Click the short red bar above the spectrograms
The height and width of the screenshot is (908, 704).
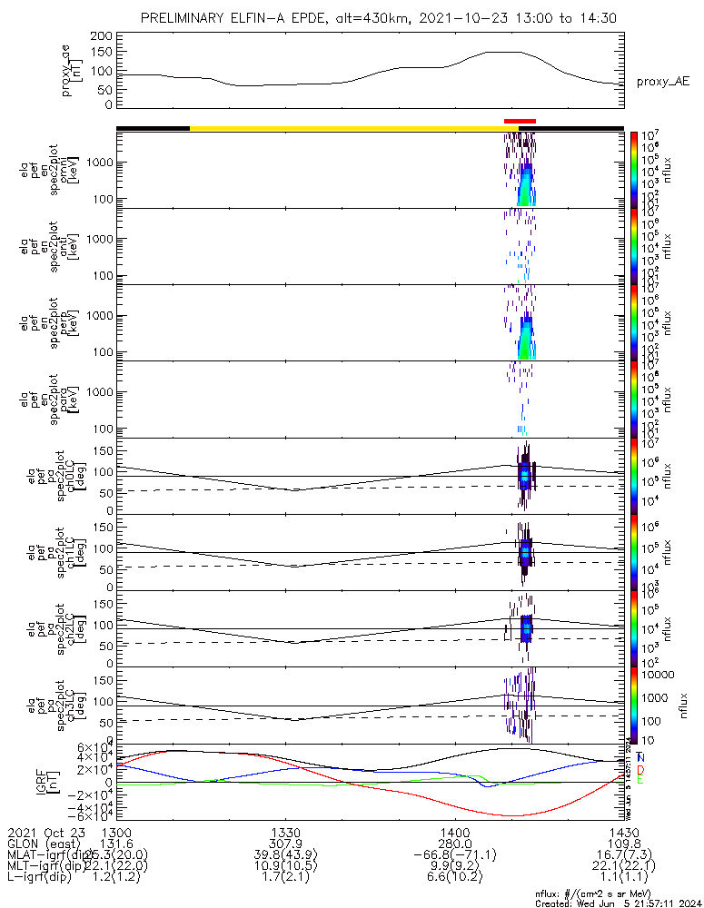tap(520, 121)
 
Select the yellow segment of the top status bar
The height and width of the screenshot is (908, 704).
tap(345, 128)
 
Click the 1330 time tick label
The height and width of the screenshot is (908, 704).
tap(286, 832)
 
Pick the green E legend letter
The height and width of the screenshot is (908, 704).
tap(640, 780)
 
